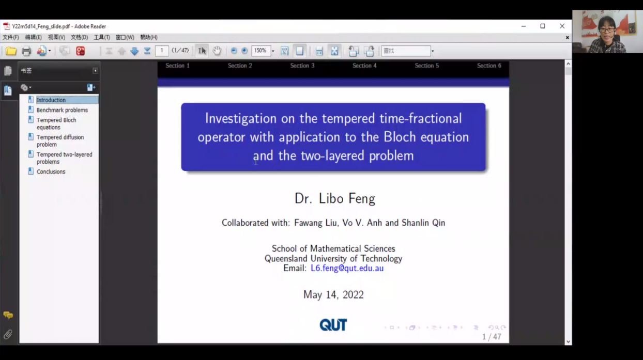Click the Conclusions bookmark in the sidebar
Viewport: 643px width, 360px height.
tap(51, 171)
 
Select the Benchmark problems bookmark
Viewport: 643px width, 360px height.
tap(62, 110)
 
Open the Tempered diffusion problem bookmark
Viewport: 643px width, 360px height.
tap(60, 140)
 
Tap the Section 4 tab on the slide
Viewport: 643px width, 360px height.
tap(364, 66)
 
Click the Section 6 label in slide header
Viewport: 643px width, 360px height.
tap(489, 66)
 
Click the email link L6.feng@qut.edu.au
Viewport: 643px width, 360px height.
tap(347, 268)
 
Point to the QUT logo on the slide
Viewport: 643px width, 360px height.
tap(333, 325)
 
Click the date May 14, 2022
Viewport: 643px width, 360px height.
tap(333, 294)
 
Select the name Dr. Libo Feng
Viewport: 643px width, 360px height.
tap(335, 198)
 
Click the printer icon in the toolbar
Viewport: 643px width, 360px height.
tap(26, 51)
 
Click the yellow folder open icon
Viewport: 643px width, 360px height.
tap(11, 51)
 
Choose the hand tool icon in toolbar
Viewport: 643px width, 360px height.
tap(217, 51)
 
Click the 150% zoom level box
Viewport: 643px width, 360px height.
tap(261, 51)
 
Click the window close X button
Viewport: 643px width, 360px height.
tap(562, 26)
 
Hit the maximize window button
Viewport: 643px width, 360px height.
tap(543, 26)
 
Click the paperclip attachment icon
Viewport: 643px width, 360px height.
tap(8, 334)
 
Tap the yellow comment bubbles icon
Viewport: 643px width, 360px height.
tap(8, 315)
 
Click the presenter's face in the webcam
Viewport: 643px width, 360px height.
tap(607, 27)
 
